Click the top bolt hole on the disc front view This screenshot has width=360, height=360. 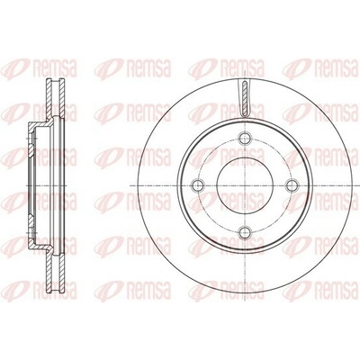tap(245, 138)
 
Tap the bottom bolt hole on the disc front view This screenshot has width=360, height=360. tap(245, 231)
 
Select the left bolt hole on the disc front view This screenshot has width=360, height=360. tap(198, 185)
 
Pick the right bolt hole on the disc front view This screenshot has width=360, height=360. tap(292, 185)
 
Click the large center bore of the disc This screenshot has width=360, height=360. tap(245, 185)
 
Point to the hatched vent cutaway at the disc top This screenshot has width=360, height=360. tap(245, 98)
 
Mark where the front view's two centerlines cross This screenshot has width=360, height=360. tap(245, 185)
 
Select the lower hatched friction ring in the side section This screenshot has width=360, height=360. tap(55, 273)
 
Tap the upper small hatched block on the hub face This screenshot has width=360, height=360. tap(31, 150)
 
